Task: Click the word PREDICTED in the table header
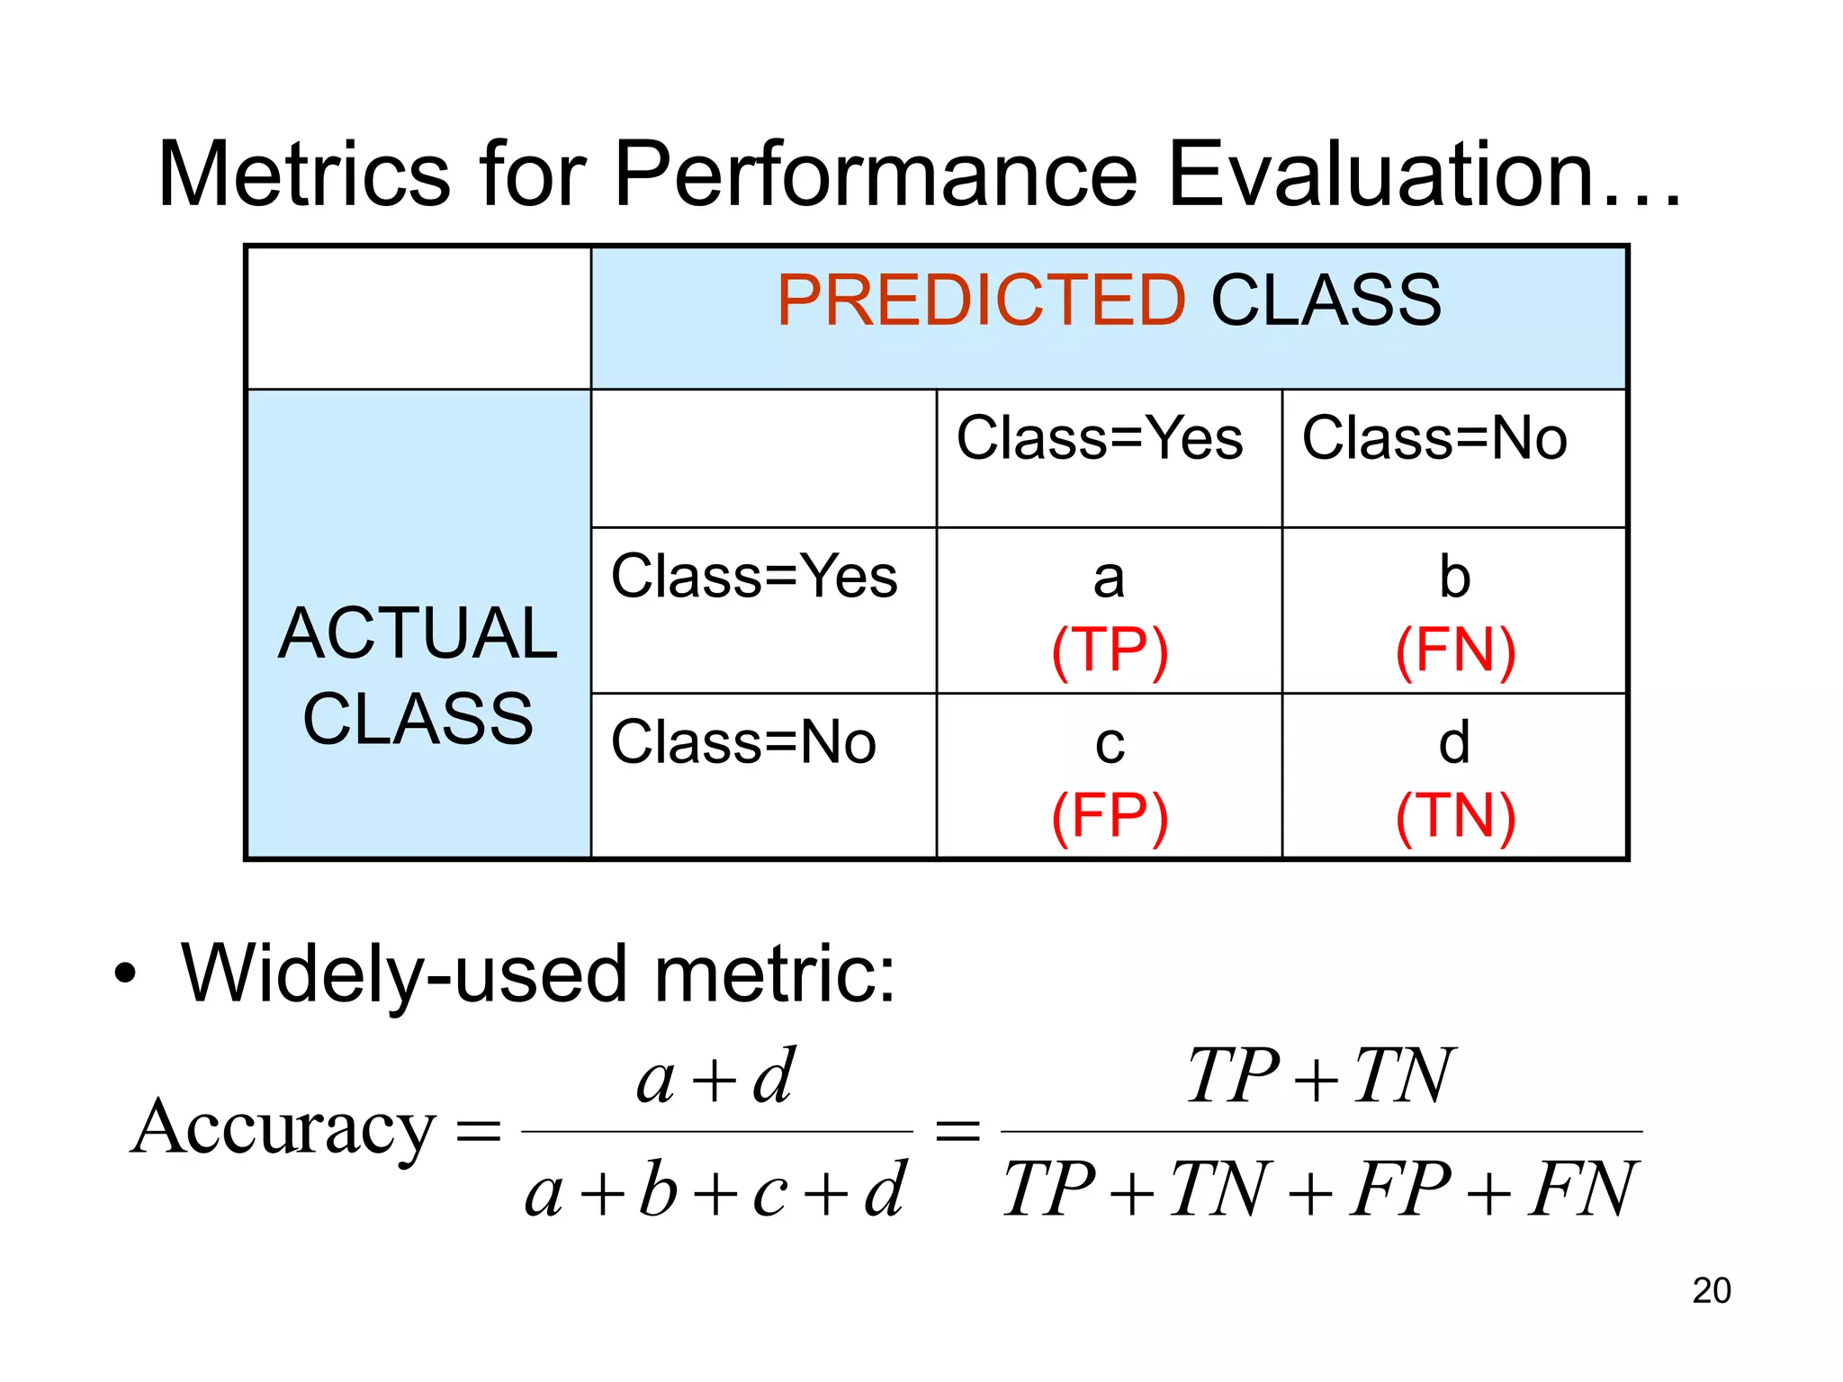[x=981, y=301]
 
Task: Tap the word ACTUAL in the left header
[x=418, y=633]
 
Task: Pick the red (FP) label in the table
[x=1110, y=816]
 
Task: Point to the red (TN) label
[x=1455, y=816]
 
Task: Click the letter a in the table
[x=1109, y=578]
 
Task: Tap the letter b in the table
[x=1454, y=576]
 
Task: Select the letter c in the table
[x=1110, y=745]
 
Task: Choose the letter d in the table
[x=1454, y=742]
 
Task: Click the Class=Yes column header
[x=1099, y=438]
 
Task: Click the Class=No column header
[x=1434, y=438]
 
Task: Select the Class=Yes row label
[x=754, y=576]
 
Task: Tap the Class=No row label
[x=743, y=742]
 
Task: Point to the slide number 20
[x=1711, y=1290]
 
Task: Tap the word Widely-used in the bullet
[x=404, y=974]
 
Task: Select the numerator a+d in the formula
[x=715, y=1077]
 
